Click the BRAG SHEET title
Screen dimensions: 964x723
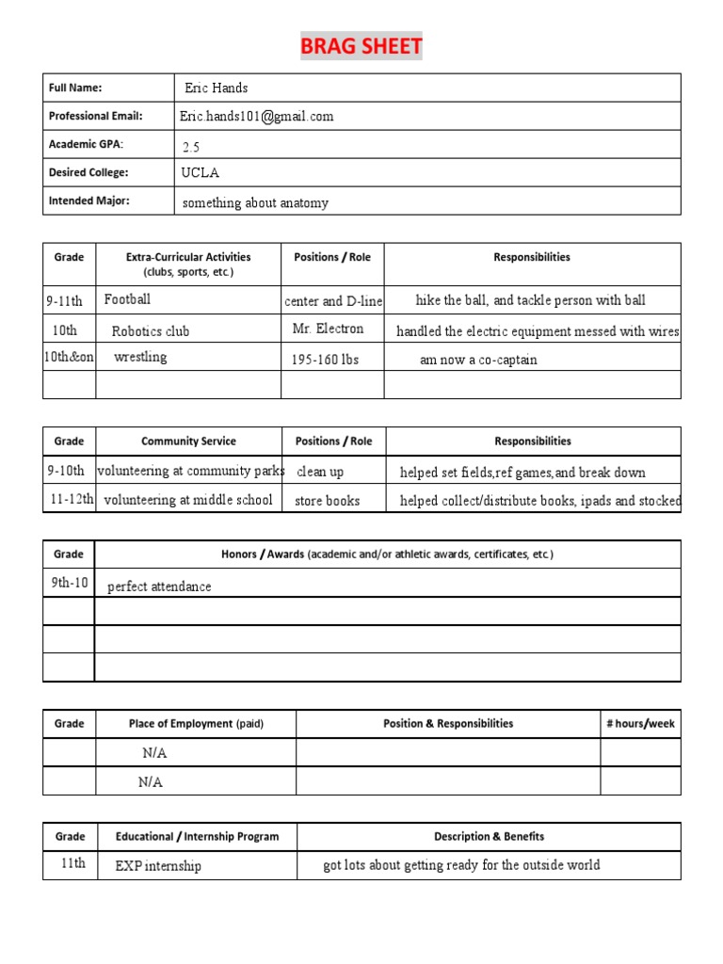(361, 47)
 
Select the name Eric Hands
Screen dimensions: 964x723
(217, 88)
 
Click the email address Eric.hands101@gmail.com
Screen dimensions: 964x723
(257, 117)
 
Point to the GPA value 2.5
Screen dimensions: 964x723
(191, 147)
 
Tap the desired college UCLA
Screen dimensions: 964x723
(201, 173)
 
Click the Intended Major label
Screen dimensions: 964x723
(89, 201)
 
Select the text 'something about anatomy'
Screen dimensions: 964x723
(255, 203)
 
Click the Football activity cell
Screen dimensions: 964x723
(127, 299)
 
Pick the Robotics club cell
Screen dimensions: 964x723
(151, 331)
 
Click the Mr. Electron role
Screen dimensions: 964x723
(328, 329)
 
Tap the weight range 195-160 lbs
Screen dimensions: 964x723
(325, 360)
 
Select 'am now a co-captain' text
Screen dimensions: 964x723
(478, 360)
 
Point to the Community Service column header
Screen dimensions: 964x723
(188, 441)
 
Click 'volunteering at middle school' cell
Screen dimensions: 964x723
(188, 500)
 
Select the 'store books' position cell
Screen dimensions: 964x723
(327, 501)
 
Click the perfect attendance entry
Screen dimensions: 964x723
(159, 586)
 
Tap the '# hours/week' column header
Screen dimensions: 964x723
(640, 723)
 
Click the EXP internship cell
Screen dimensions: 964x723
(158, 866)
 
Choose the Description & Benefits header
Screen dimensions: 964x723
(489, 836)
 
